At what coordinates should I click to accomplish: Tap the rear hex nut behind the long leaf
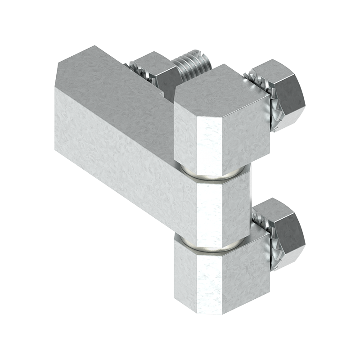click(x=151, y=67)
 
